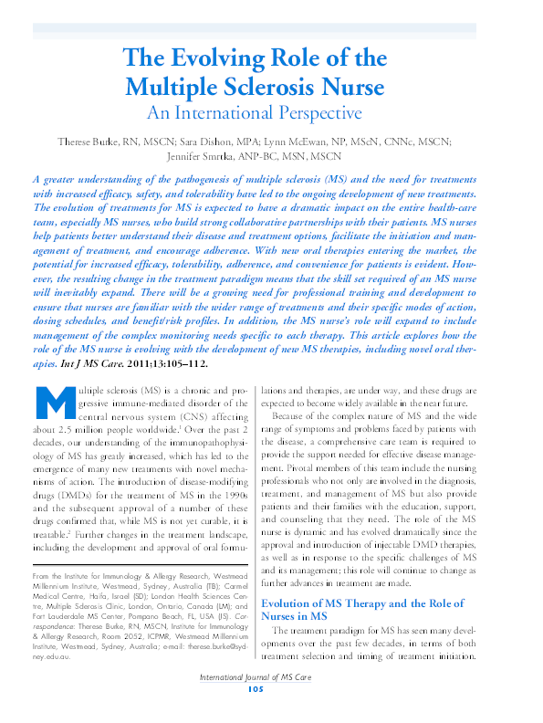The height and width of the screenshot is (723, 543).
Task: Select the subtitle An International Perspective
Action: click(255, 114)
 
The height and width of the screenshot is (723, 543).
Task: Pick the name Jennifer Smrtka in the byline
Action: click(227, 155)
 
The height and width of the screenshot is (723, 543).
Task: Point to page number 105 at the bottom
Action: click(256, 714)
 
